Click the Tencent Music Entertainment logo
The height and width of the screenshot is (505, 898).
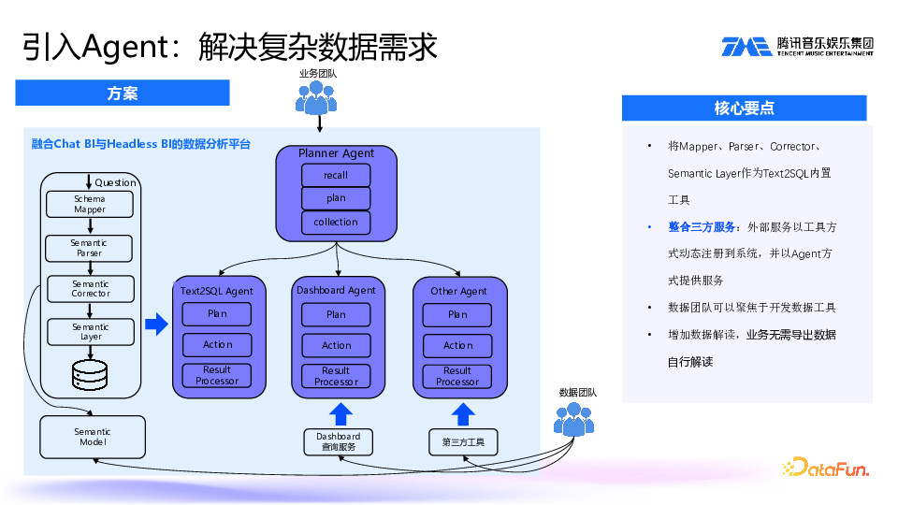(797, 46)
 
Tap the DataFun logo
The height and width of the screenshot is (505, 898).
(826, 468)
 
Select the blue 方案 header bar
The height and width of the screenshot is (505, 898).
(123, 93)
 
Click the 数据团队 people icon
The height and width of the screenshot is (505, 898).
(573, 419)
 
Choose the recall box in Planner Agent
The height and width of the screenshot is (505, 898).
(336, 175)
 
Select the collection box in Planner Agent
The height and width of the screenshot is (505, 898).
(336, 222)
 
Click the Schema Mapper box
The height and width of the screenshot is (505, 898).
(90, 204)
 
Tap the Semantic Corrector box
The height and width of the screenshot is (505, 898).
(91, 288)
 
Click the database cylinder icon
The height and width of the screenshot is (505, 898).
(91, 376)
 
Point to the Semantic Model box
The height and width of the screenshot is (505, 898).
(93, 437)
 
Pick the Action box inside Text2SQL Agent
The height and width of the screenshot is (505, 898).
(217, 344)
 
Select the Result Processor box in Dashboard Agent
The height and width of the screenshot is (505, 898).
(336, 376)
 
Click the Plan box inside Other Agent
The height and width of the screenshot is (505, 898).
(457, 314)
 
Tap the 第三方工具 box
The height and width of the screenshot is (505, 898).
(456, 442)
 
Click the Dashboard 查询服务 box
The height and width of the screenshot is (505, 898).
(338, 442)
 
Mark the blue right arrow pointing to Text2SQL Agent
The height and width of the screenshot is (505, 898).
(156, 325)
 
